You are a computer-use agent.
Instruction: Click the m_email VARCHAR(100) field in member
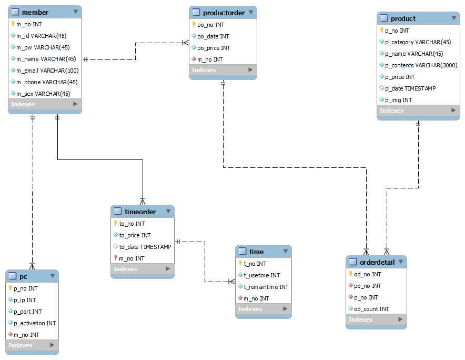tap(47, 71)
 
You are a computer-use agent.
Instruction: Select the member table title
tap(35, 12)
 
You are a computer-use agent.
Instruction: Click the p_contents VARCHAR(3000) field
tap(421, 65)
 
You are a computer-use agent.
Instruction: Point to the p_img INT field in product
tap(398, 100)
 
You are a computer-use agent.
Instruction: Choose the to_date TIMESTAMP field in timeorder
tap(145, 247)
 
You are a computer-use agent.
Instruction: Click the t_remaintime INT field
tap(266, 287)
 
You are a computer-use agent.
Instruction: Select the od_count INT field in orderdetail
tap(371, 309)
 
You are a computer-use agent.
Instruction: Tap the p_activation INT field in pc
tap(34, 323)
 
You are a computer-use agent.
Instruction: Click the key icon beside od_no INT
tap(350, 274)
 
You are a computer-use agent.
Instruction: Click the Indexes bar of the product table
tap(419, 111)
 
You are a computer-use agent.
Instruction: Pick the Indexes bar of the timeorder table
tap(142, 269)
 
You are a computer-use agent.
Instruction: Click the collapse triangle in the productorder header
tap(250, 12)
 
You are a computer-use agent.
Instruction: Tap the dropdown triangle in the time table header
tap(285, 252)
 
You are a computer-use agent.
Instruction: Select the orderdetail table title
tap(376, 262)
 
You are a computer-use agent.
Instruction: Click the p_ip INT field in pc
tap(25, 300)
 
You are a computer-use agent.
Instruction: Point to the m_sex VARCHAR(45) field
tap(43, 94)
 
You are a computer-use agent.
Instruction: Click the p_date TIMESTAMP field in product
tap(410, 88)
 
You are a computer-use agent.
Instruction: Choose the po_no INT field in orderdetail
tap(367, 286)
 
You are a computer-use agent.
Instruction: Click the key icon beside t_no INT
tap(240, 263)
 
